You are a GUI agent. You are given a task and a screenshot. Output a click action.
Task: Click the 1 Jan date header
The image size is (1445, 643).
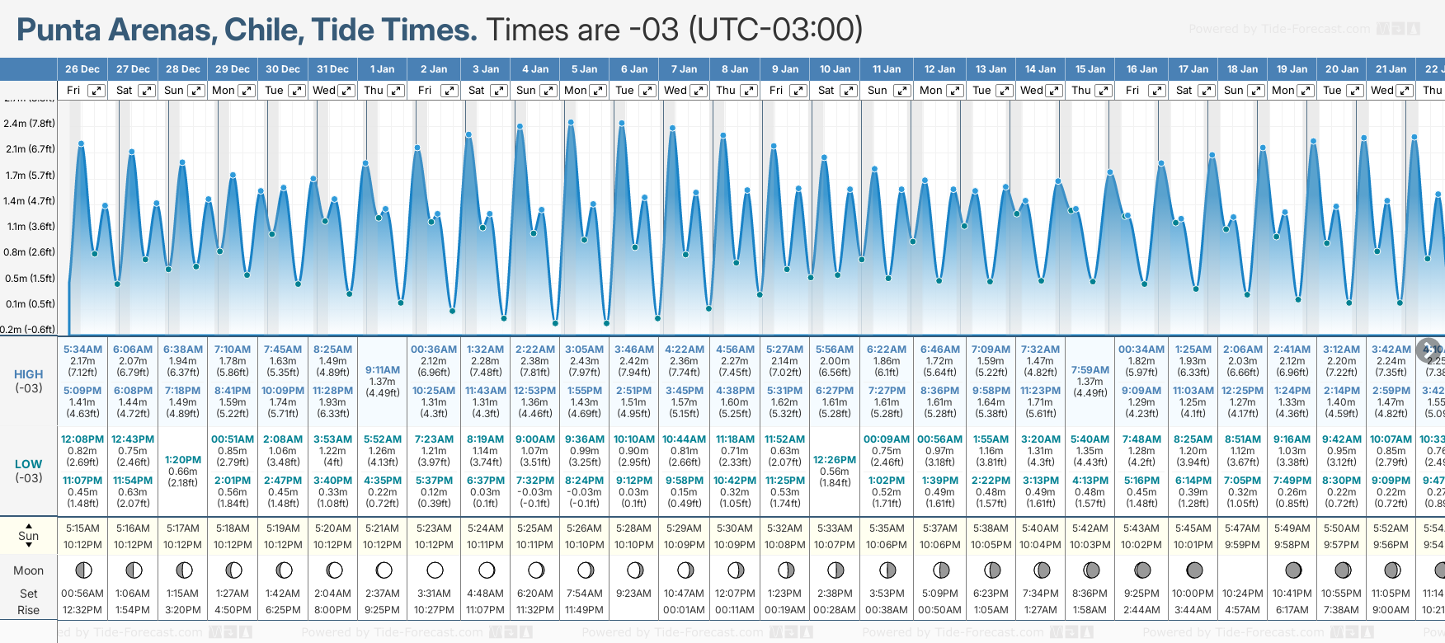(x=382, y=69)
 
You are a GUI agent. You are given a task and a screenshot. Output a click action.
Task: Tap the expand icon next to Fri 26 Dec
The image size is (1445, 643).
(x=96, y=91)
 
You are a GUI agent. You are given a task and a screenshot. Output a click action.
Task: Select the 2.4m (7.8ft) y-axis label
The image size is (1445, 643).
(x=29, y=124)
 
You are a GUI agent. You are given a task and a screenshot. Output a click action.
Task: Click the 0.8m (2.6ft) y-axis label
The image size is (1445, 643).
(x=29, y=252)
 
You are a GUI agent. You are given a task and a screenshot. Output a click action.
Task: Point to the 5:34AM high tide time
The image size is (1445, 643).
(x=82, y=350)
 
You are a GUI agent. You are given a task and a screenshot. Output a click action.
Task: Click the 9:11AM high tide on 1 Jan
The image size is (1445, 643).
(x=383, y=370)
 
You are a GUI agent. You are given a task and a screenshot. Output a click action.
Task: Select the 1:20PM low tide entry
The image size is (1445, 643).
(x=183, y=460)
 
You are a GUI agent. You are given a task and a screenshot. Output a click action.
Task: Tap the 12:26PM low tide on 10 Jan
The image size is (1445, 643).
(x=835, y=460)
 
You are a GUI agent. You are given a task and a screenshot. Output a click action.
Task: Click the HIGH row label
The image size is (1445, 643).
(x=28, y=374)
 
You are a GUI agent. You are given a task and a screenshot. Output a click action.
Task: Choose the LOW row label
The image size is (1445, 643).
(x=28, y=464)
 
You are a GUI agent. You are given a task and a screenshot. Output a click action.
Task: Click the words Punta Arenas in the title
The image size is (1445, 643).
(x=116, y=31)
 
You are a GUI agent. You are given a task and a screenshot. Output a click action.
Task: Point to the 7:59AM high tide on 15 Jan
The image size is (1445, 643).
(x=1090, y=370)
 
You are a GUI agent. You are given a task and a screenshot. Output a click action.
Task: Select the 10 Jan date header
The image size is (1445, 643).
(x=835, y=69)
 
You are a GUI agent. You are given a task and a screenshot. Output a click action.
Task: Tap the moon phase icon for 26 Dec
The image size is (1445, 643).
(x=82, y=570)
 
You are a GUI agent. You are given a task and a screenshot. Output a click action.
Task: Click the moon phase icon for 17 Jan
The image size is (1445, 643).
(x=1193, y=570)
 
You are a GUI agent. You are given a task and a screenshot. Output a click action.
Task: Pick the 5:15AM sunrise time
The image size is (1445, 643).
(x=82, y=528)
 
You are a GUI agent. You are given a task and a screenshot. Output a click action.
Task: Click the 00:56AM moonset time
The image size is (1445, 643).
(x=82, y=594)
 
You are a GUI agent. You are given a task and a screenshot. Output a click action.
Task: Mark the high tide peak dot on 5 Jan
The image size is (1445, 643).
(x=571, y=121)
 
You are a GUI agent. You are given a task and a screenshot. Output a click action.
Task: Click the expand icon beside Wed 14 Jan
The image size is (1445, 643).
(x=1053, y=91)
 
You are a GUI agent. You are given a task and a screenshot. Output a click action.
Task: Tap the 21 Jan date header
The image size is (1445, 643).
(x=1391, y=69)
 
